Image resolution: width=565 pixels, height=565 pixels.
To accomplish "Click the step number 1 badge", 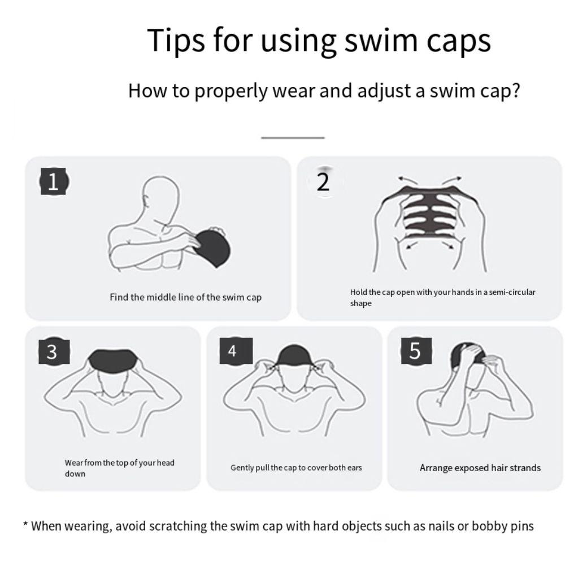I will [53, 182].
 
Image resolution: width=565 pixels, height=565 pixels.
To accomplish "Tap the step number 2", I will [323, 182].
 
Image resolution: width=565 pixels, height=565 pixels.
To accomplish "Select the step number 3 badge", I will [52, 351].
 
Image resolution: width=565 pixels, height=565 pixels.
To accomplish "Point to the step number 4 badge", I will [232, 351].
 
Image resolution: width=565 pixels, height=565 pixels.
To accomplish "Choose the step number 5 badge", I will [415, 351].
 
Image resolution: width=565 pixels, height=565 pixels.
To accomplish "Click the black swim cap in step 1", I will [211, 245].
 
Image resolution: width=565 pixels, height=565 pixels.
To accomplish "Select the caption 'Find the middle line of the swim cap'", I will [185, 297].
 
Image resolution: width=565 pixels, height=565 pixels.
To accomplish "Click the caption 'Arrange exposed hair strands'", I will [480, 468].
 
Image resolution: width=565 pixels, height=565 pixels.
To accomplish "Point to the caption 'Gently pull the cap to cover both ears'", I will [296, 468].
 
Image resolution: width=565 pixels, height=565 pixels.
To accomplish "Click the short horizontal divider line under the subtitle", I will [293, 137].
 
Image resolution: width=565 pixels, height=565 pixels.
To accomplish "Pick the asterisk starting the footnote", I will [25, 525].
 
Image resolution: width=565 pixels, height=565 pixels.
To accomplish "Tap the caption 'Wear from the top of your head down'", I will [119, 468].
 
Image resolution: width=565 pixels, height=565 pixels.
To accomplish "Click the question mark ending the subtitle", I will [514, 90].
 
